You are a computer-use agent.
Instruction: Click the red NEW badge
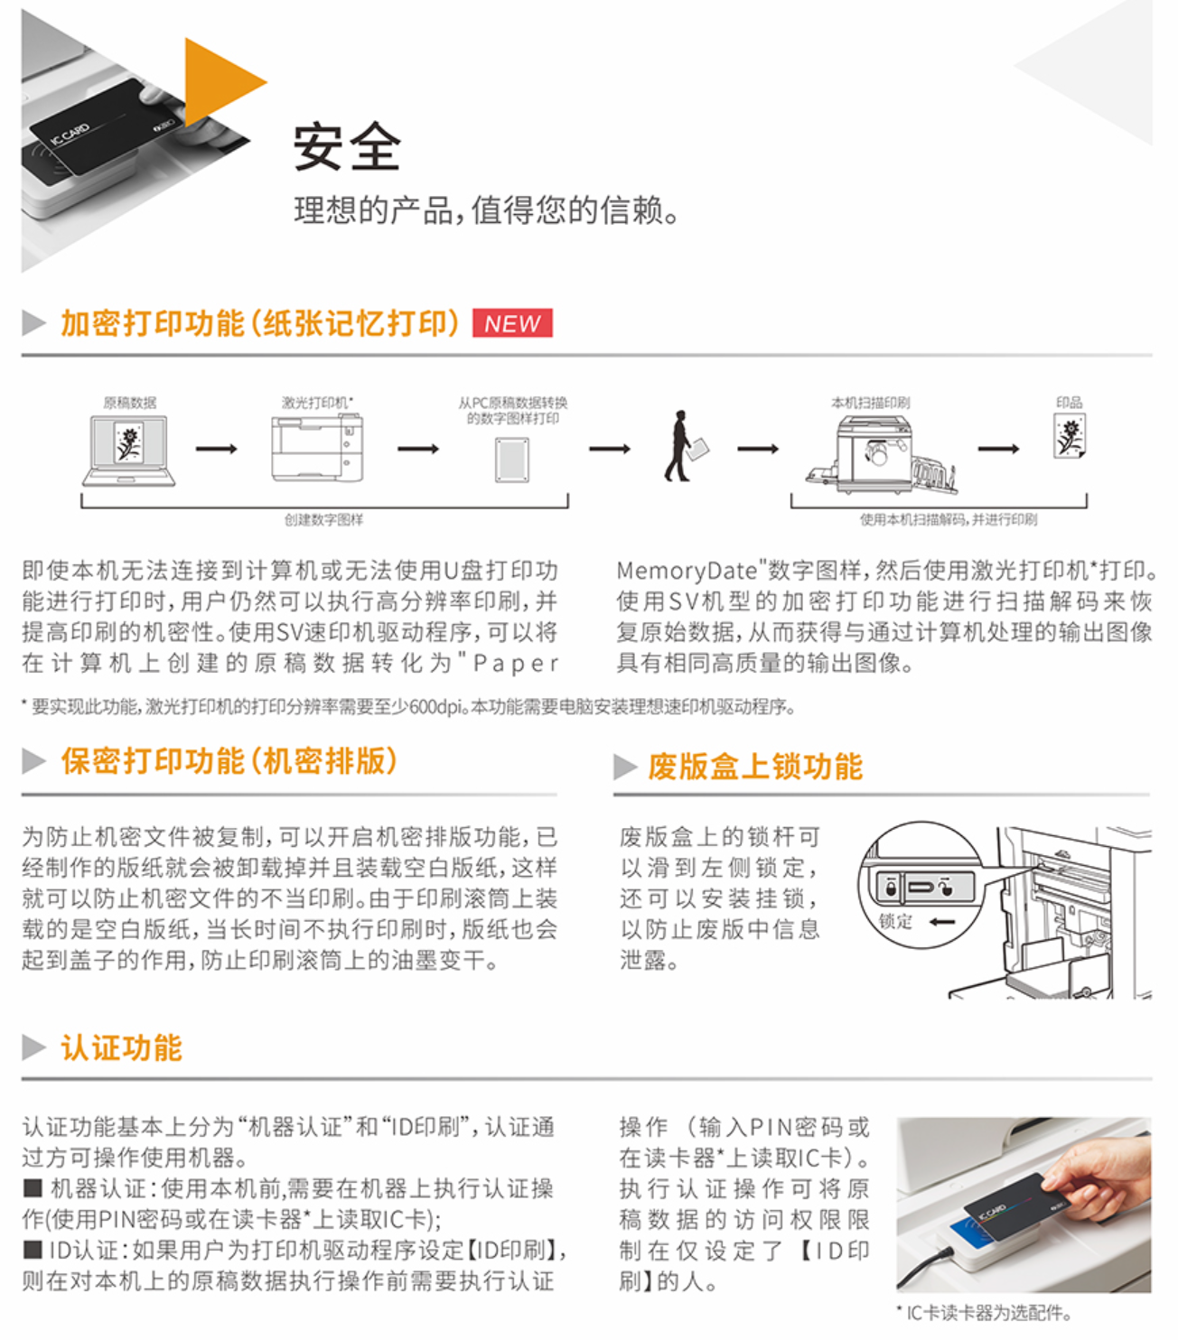point(512,322)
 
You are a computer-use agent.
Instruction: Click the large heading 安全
point(348,147)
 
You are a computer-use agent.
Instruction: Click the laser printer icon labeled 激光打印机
point(317,448)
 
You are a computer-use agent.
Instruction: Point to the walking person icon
point(686,446)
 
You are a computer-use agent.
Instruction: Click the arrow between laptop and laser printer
point(217,449)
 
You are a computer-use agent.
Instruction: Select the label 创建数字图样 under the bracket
point(323,520)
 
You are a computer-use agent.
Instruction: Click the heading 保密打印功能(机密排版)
point(229,760)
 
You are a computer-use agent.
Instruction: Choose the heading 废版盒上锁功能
point(755,767)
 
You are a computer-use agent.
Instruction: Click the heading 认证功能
point(121,1047)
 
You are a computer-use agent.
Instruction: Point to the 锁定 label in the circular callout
point(895,921)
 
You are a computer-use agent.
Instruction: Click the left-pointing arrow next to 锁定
point(942,922)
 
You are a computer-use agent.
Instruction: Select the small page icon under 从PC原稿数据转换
point(512,461)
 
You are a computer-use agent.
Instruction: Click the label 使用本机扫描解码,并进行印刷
point(949,520)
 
